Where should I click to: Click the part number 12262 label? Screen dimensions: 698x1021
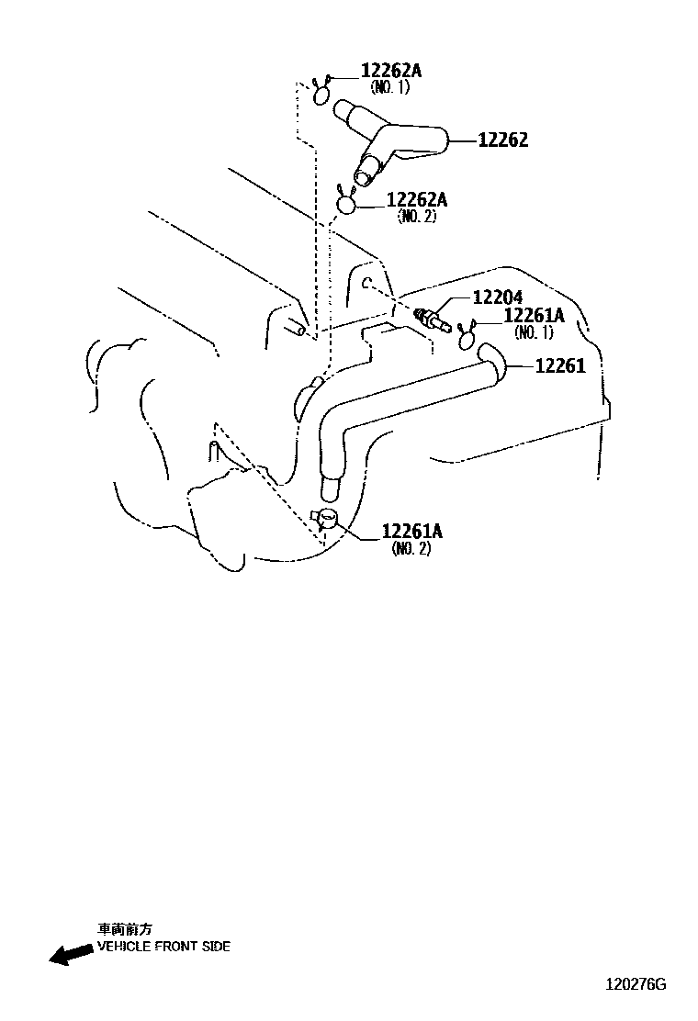tap(502, 140)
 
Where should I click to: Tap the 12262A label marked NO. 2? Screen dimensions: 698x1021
tap(417, 200)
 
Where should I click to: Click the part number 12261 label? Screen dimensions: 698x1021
tap(559, 366)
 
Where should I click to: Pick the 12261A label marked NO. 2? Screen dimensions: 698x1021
tap(412, 532)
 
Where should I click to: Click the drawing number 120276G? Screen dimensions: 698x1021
tap(635, 984)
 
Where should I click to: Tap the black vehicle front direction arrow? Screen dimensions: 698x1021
tap(70, 954)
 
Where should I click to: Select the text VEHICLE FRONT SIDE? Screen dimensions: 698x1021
tap(164, 947)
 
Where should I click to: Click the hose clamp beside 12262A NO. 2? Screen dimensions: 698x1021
tap(346, 202)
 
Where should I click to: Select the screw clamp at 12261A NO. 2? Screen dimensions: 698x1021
tap(327, 520)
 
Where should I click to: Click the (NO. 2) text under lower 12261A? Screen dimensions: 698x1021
tap(411, 548)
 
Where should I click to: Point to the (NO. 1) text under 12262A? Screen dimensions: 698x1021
tap(388, 87)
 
